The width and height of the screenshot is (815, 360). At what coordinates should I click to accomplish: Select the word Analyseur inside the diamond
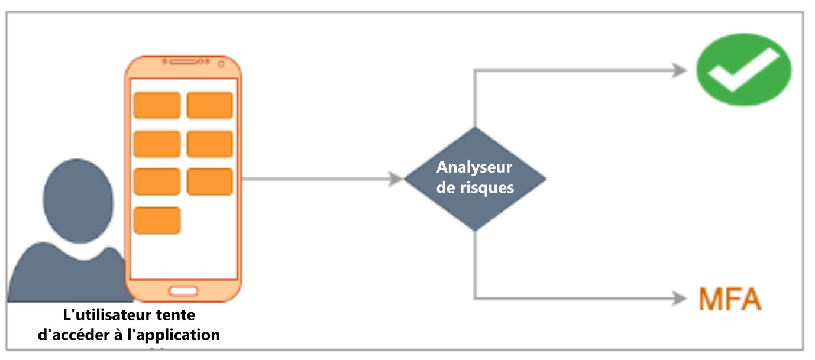(x=474, y=167)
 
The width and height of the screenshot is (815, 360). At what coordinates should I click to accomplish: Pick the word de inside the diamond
(x=448, y=187)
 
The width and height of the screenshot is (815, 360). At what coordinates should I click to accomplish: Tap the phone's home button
(x=183, y=290)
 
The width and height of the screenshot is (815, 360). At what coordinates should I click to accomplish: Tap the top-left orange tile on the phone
(x=157, y=105)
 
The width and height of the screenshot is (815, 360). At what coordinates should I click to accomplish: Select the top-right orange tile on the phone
(x=210, y=105)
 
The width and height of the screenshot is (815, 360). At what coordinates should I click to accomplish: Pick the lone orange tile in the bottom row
(x=157, y=220)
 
